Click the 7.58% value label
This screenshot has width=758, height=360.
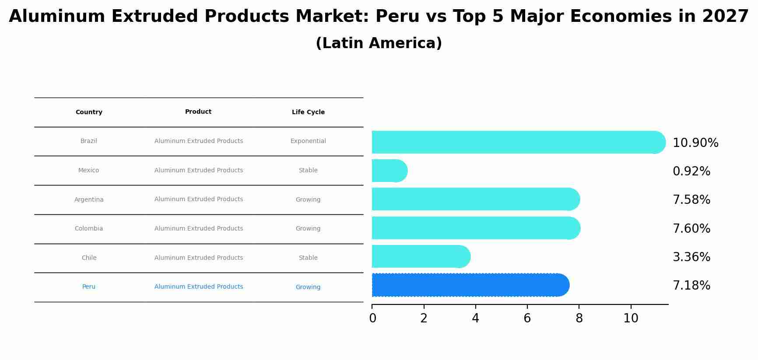tap(691, 200)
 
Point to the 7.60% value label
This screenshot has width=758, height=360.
tap(691, 229)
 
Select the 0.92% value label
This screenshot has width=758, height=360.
tap(691, 171)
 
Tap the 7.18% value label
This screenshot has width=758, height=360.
tap(691, 286)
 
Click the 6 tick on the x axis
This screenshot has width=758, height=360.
tap(527, 318)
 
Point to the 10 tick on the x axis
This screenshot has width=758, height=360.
tap(631, 318)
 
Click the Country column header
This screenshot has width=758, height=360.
tap(89, 112)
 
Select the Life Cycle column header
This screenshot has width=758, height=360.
tap(308, 112)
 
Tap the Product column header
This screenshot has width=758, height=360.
tap(198, 112)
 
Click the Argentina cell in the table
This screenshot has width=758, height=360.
tap(89, 200)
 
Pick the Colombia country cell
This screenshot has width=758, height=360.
tap(89, 229)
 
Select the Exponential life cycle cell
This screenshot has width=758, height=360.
tap(308, 141)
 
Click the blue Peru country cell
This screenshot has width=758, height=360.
tap(89, 287)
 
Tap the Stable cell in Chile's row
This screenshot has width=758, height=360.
tap(308, 258)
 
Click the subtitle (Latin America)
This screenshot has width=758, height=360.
tap(379, 43)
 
